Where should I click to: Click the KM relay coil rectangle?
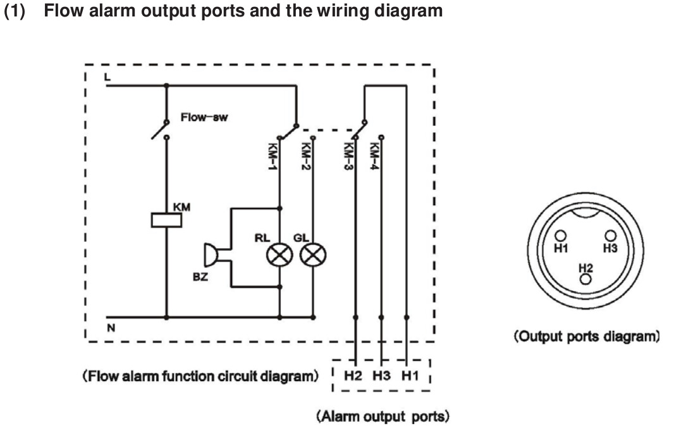click(166, 220)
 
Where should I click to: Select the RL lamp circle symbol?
click(279, 255)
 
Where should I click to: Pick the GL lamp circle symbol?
click(313, 255)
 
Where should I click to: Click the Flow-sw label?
click(204, 117)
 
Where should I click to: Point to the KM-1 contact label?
click(272, 156)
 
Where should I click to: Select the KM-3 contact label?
click(348, 156)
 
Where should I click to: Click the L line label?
click(107, 77)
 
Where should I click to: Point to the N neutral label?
click(111, 328)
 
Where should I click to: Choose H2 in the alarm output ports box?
click(353, 375)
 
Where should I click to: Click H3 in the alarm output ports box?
click(381, 375)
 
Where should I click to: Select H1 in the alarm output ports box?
click(410, 375)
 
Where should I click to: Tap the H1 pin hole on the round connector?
click(560, 236)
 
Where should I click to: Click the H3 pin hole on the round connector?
click(610, 236)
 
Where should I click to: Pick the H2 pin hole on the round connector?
click(585, 279)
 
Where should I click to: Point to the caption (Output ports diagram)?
click(586, 337)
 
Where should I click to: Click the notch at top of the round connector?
click(586, 213)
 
